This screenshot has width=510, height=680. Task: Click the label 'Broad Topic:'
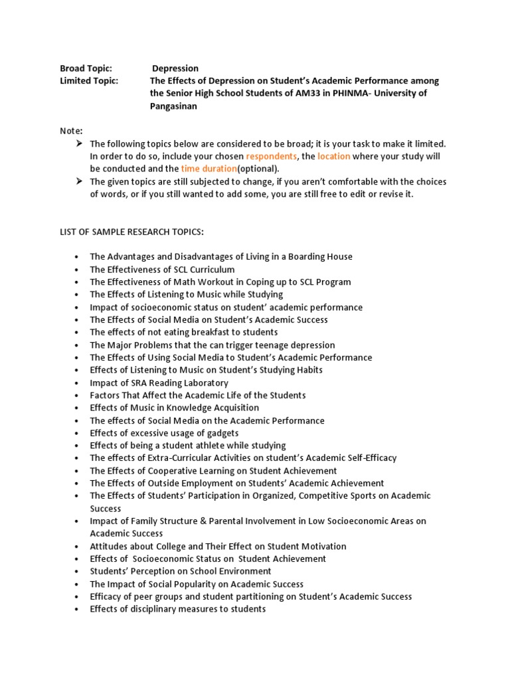[86, 68]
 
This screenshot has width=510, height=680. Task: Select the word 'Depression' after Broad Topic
[175, 68]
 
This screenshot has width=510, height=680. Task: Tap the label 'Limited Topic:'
[89, 80]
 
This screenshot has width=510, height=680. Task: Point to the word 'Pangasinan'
[175, 106]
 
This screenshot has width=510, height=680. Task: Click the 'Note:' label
[72, 131]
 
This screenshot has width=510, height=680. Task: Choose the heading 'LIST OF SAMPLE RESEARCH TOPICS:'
[133, 231]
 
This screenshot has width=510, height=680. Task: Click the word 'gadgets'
[222, 433]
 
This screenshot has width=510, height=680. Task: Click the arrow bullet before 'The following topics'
[78, 143]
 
